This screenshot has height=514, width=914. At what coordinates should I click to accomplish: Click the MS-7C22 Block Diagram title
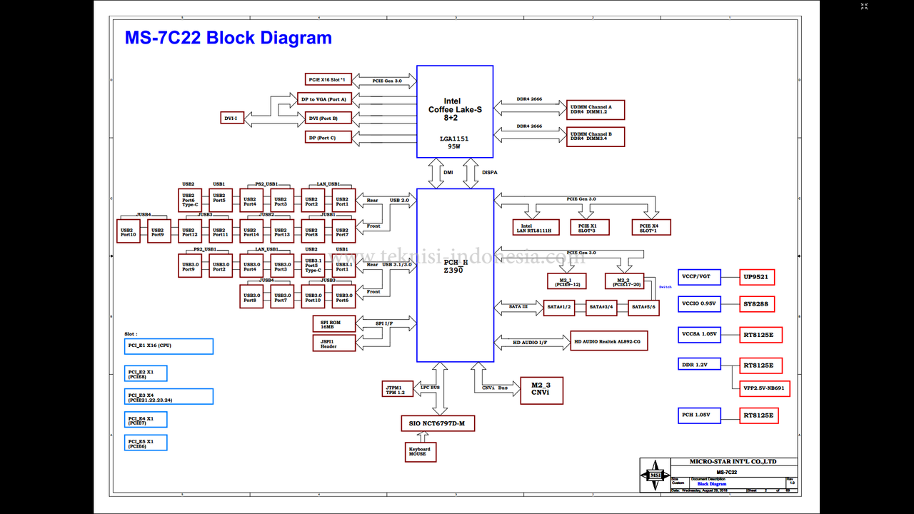pyautogui.click(x=228, y=38)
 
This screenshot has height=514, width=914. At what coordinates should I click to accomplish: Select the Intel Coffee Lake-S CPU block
pyautogui.click(x=455, y=111)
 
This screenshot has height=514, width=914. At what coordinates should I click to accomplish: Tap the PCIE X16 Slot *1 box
pyautogui.click(x=328, y=79)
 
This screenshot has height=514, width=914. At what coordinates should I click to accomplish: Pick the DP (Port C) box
pyautogui.click(x=328, y=136)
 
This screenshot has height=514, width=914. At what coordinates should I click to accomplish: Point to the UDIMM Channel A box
pyautogui.click(x=596, y=109)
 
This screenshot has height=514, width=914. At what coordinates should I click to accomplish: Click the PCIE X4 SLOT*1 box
pyautogui.click(x=651, y=227)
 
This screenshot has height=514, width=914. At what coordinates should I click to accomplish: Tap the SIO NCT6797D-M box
pyautogui.click(x=438, y=423)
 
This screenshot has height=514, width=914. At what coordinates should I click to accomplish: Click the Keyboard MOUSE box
pyautogui.click(x=420, y=452)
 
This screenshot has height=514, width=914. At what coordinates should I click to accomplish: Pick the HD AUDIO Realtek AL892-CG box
pyautogui.click(x=609, y=341)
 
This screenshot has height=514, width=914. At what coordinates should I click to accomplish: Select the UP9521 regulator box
pyautogui.click(x=757, y=277)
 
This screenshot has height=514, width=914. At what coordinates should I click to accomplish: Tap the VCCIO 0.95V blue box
pyautogui.click(x=700, y=303)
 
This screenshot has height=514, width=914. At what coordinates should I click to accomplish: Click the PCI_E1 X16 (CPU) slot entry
pyautogui.click(x=169, y=346)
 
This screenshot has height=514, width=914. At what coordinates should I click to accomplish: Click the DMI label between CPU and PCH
pyautogui.click(x=448, y=172)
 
